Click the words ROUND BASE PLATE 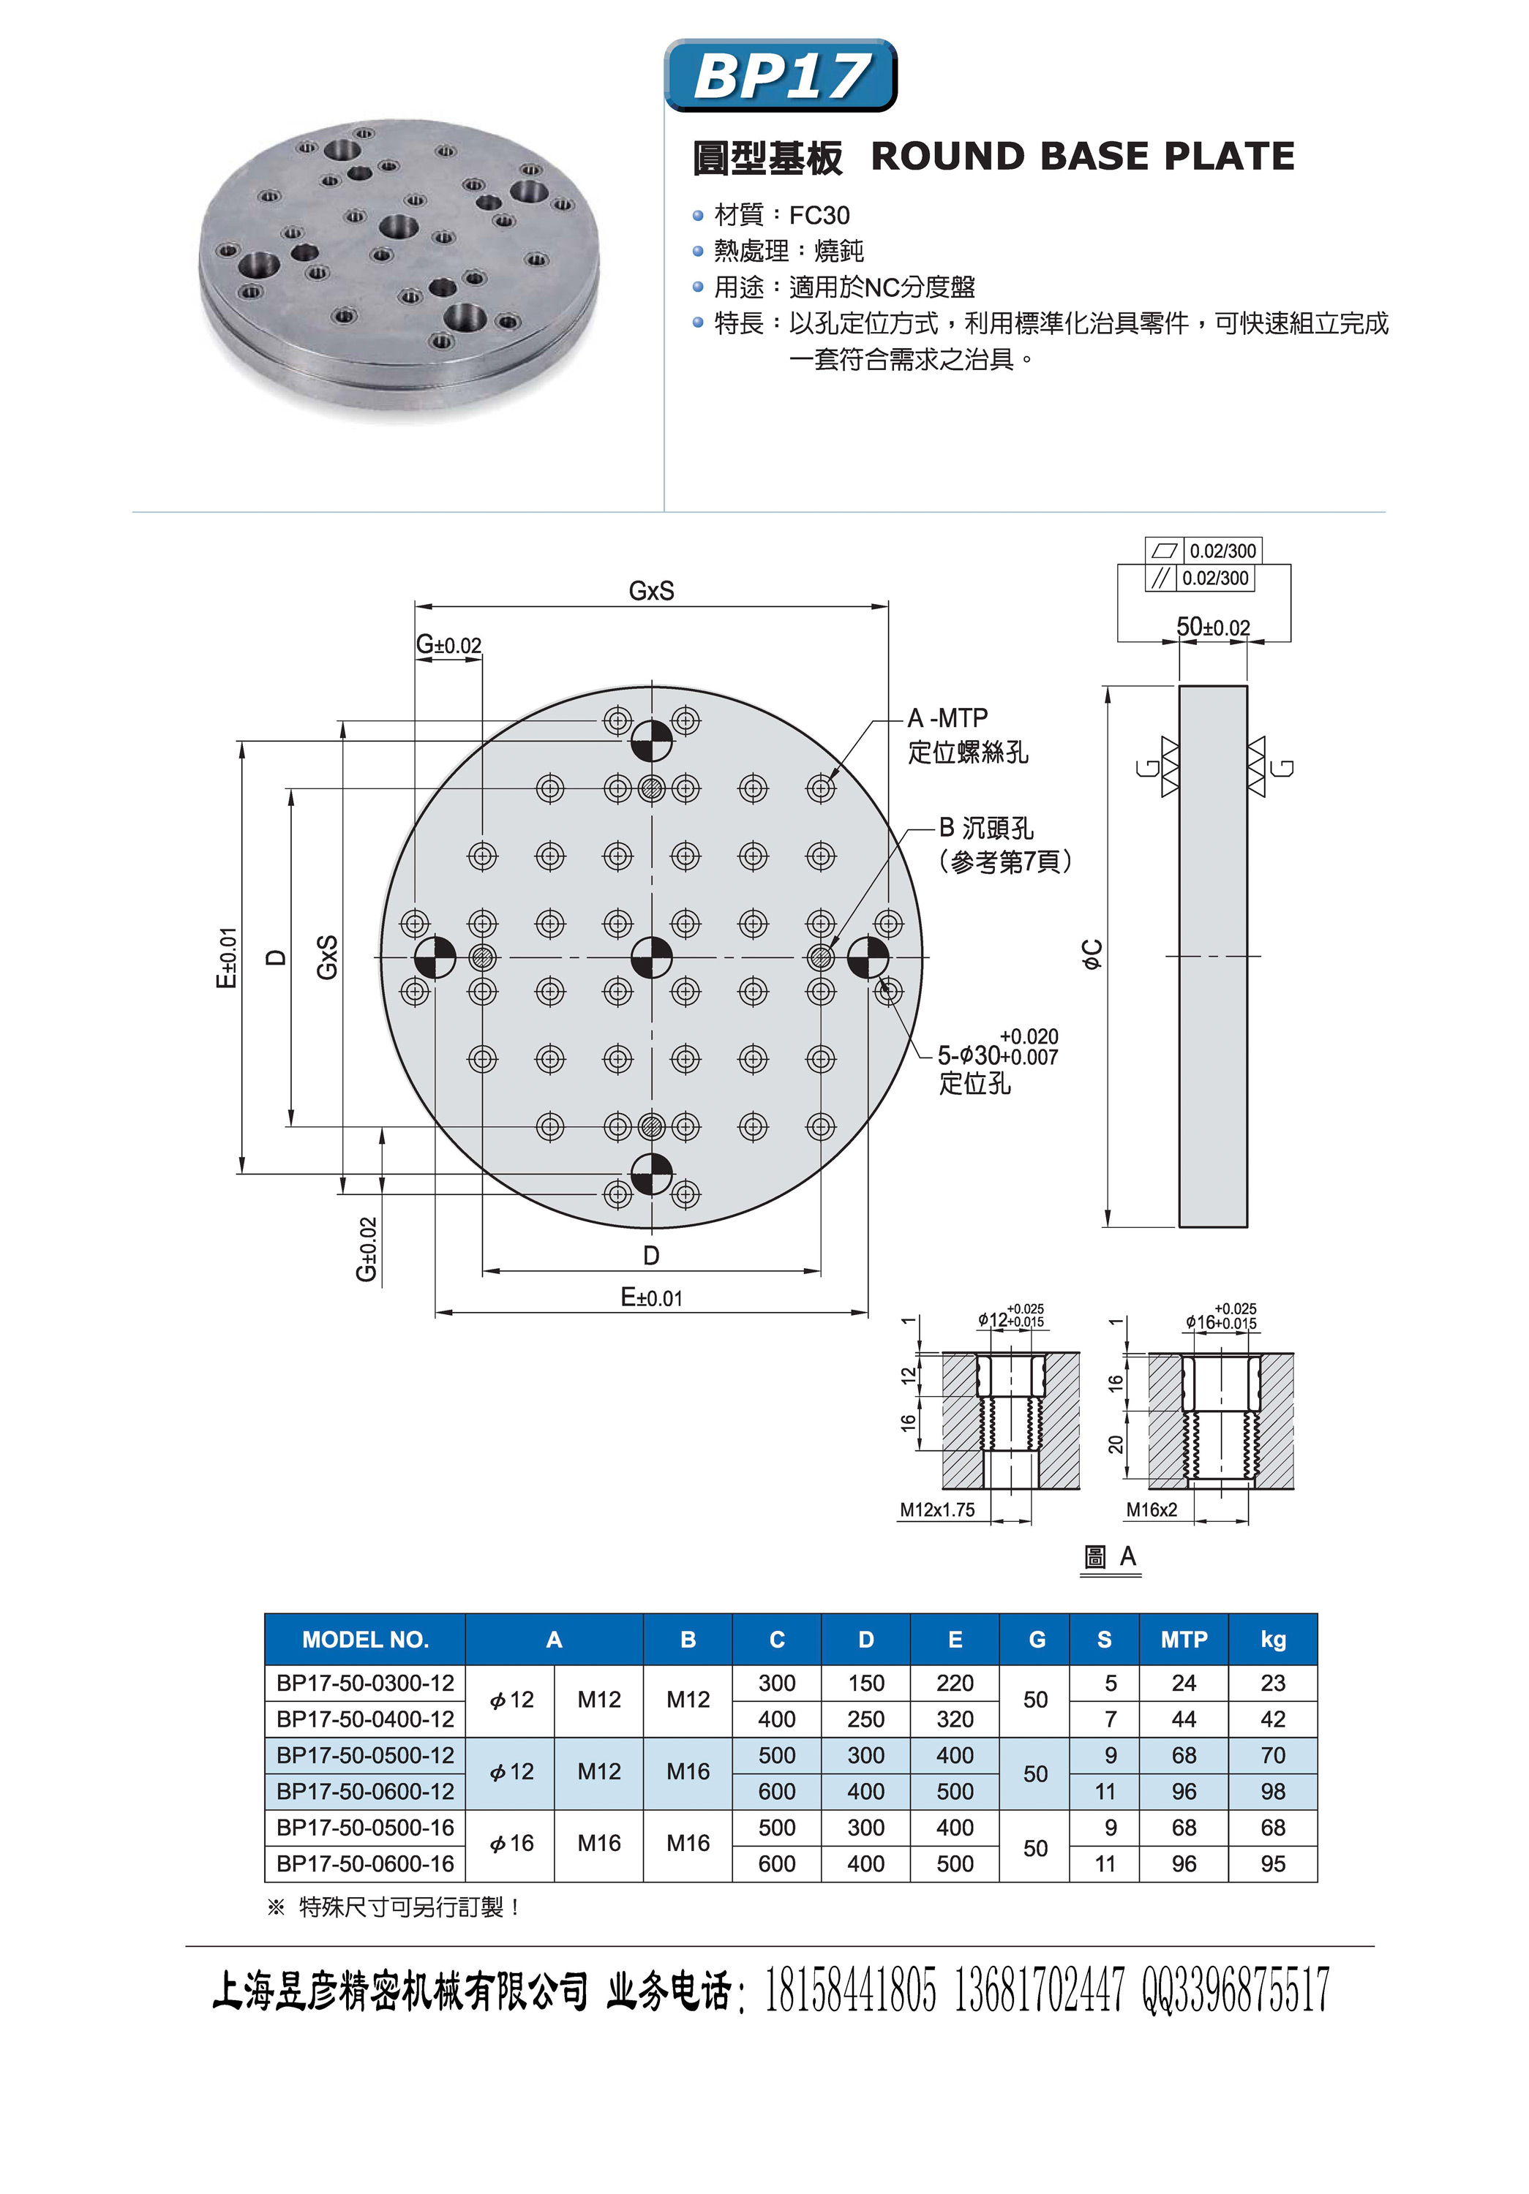1083,157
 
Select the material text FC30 819,216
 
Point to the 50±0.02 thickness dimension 1213,627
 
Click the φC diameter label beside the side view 1092,954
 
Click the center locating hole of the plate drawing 652,957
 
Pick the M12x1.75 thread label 936,1509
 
